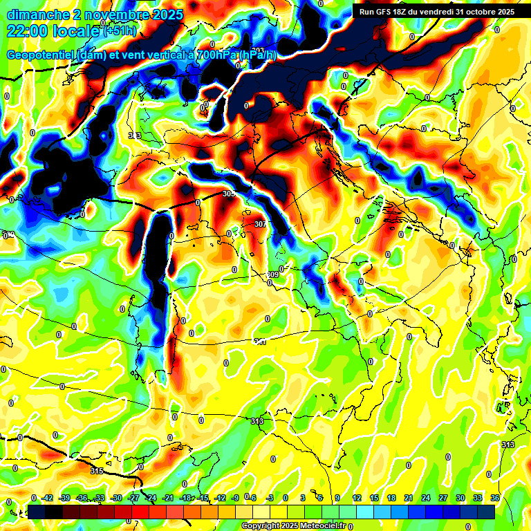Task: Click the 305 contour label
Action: tap(230, 194)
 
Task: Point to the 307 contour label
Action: tap(260, 224)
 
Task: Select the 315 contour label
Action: tap(97, 471)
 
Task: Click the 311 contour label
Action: tap(260, 342)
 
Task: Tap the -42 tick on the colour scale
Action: tap(48, 498)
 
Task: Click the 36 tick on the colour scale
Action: tap(494, 498)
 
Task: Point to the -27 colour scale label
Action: tap(134, 498)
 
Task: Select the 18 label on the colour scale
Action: tap(391, 498)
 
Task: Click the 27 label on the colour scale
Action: tap(443, 498)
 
